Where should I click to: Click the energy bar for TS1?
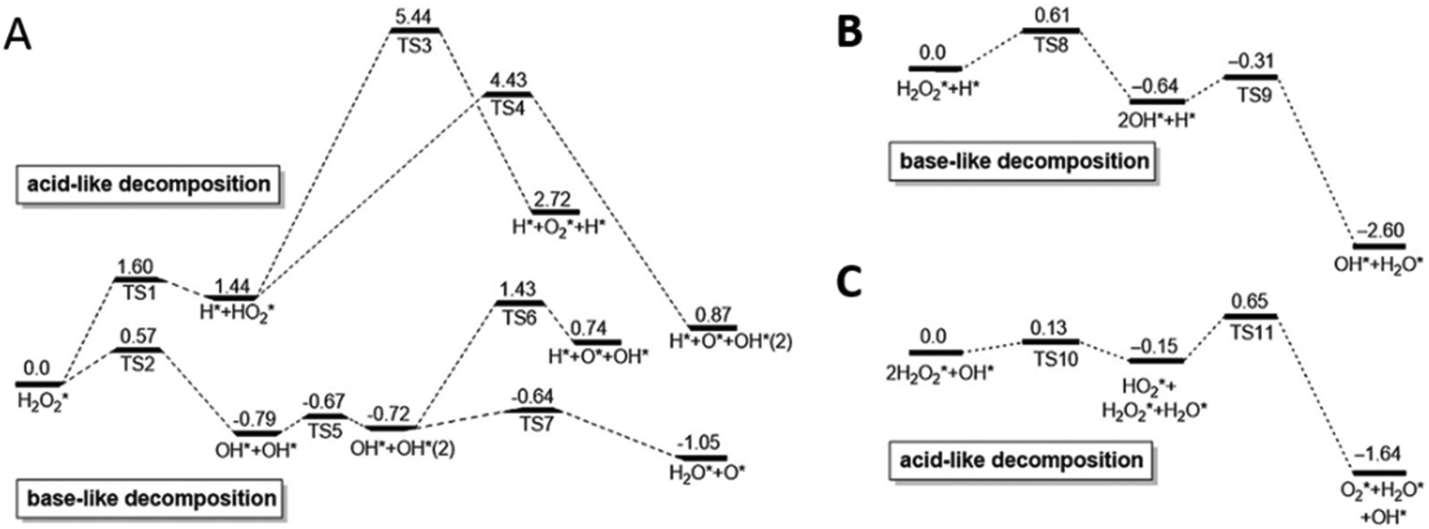point(140,280)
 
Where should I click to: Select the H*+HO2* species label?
point(232,311)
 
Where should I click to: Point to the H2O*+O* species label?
point(707,472)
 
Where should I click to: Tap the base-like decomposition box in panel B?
point(1024,161)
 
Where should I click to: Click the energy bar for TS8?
point(1050,31)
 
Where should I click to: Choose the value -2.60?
point(1379,231)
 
